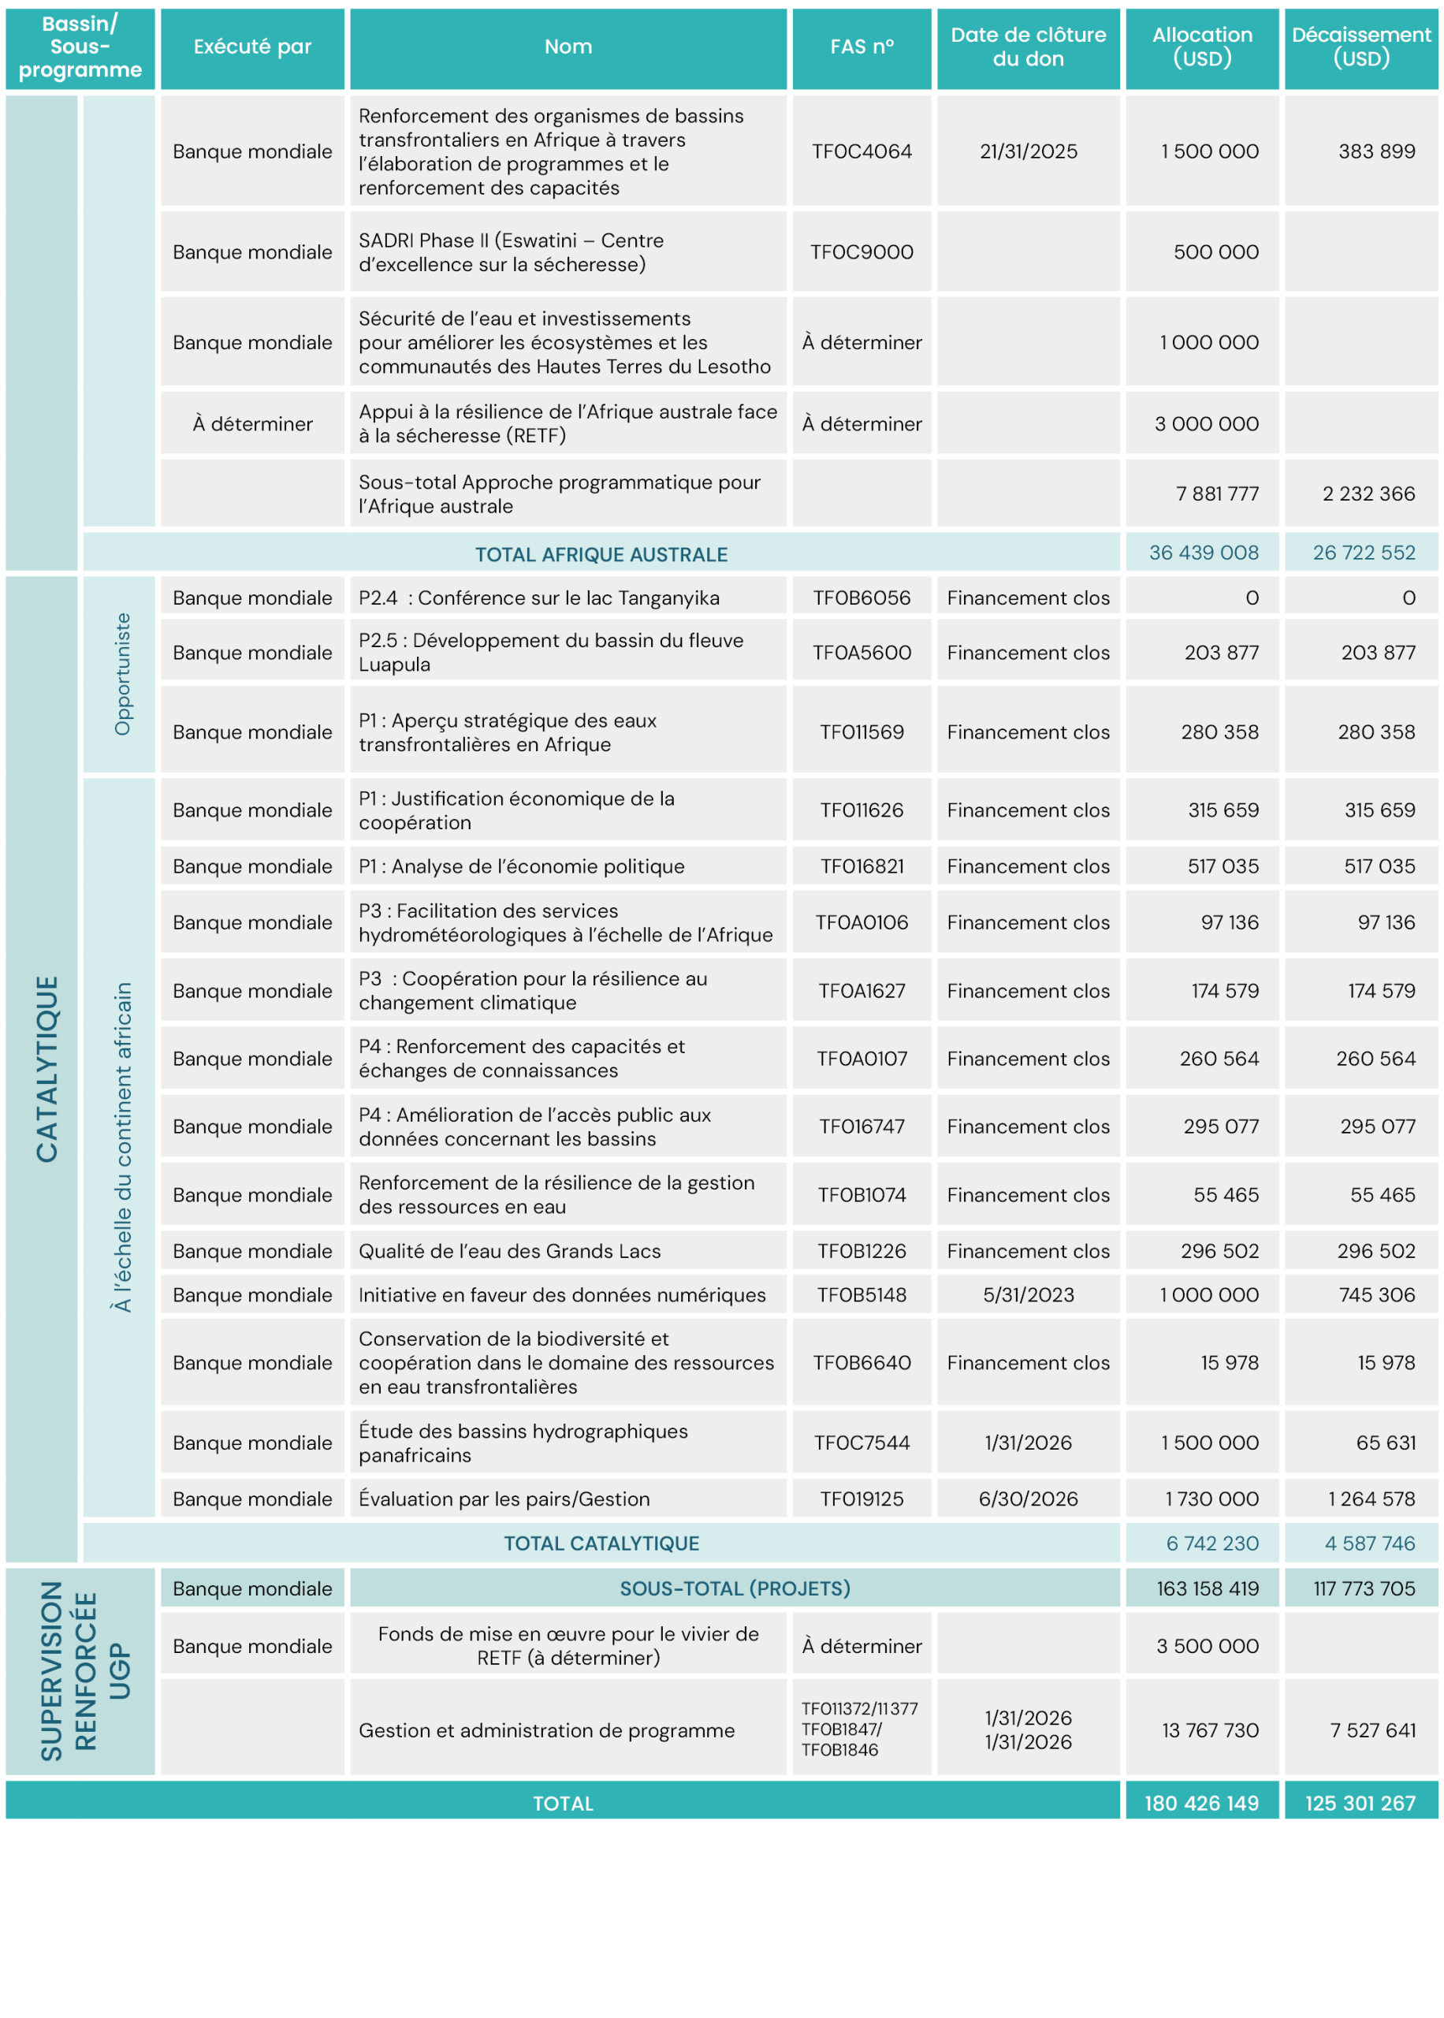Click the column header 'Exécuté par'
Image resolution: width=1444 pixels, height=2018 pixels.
click(252, 47)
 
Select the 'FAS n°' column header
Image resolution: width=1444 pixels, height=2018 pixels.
click(862, 47)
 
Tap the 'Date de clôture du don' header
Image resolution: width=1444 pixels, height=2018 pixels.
click(1028, 47)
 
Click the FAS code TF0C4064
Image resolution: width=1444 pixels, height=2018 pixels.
click(862, 152)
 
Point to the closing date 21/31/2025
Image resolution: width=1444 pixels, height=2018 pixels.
click(1028, 152)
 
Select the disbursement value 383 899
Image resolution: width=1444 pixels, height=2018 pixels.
click(1376, 152)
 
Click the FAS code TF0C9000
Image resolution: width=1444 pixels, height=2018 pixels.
click(862, 252)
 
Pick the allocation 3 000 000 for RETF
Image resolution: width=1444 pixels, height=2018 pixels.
click(1207, 424)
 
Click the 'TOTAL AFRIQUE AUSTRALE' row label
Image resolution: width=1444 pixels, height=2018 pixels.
click(601, 555)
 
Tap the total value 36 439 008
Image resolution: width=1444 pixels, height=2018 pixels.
click(1203, 553)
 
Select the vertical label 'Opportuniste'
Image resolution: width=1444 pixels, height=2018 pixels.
click(122, 674)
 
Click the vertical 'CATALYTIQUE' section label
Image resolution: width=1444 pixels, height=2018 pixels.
click(47, 1069)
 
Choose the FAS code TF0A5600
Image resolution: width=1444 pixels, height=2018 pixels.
click(862, 653)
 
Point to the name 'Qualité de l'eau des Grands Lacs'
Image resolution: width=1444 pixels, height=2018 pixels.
click(509, 1251)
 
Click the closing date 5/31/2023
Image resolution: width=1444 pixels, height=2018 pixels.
click(1028, 1295)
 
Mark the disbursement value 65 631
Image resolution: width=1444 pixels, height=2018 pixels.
click(1386, 1443)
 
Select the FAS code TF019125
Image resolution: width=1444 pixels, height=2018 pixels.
click(862, 1499)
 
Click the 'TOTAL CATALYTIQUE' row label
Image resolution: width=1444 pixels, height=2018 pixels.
click(601, 1543)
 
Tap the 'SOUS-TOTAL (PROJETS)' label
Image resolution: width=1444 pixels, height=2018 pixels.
click(735, 1588)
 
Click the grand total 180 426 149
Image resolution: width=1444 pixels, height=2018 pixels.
click(1201, 1803)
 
